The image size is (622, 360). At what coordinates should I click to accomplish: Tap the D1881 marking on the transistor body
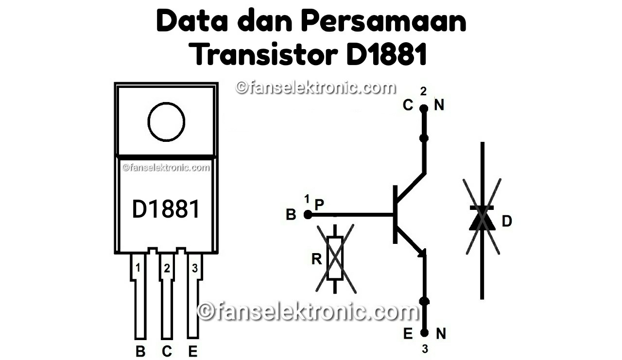(x=166, y=209)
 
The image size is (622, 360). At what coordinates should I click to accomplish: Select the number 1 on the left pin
(x=138, y=268)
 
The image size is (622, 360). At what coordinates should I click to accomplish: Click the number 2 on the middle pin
(x=167, y=268)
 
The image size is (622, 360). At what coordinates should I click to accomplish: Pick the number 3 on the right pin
(x=194, y=268)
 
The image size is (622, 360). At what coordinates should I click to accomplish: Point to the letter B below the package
(x=140, y=351)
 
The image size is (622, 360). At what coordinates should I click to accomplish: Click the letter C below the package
(x=167, y=351)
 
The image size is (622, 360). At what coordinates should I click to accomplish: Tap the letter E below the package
(x=193, y=351)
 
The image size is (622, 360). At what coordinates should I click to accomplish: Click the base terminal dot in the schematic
(x=307, y=214)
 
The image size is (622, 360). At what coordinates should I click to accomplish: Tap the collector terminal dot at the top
(x=424, y=108)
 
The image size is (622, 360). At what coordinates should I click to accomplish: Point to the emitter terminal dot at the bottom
(x=424, y=333)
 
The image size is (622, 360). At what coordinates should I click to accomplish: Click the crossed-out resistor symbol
(x=335, y=258)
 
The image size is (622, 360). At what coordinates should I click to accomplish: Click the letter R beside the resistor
(x=317, y=259)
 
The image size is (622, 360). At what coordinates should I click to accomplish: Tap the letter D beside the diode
(x=507, y=222)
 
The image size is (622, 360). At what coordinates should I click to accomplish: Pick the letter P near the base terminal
(x=319, y=205)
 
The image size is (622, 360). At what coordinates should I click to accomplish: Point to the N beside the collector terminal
(x=439, y=105)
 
